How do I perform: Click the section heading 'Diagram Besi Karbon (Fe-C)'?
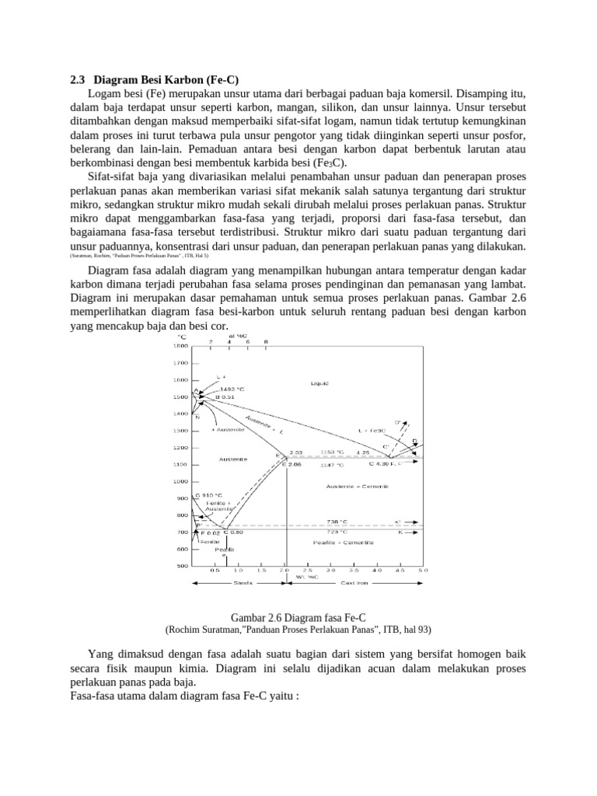click(166, 79)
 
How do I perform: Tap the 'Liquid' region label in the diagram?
click(319, 383)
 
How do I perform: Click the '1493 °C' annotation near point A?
click(232, 388)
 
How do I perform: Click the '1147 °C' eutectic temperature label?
click(331, 464)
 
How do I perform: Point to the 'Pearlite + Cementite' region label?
click(343, 542)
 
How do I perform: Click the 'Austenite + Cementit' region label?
click(357, 486)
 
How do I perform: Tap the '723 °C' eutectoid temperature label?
click(337, 532)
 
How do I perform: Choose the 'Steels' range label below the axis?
click(243, 582)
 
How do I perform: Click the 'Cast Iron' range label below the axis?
click(354, 582)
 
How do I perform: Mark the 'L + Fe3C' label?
click(372, 430)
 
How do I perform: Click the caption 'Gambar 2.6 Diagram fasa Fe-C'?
click(298, 616)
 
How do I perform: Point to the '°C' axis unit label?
click(182, 337)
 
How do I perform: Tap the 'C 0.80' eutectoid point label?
click(232, 532)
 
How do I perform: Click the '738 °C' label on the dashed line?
click(337, 522)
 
